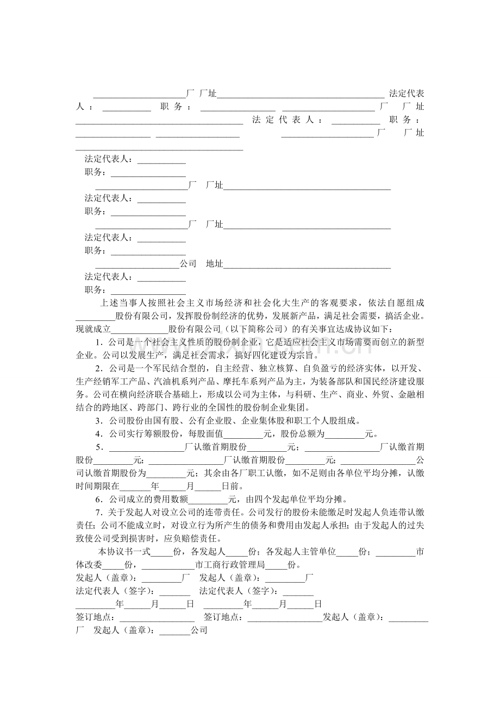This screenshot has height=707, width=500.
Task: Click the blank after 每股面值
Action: [243, 434]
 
